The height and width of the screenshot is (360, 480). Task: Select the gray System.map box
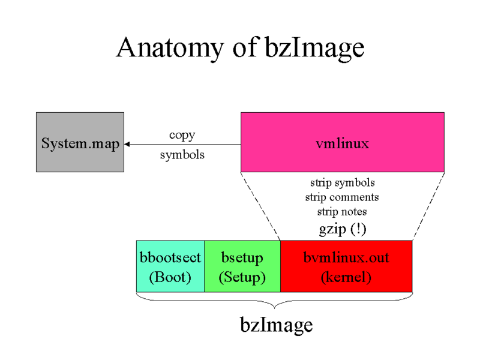[x=80, y=142]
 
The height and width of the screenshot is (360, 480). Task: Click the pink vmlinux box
[x=342, y=142]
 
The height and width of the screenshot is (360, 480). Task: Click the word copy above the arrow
[x=182, y=135]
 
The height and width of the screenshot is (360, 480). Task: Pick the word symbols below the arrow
[x=182, y=155]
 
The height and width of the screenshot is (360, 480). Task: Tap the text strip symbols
[x=342, y=182]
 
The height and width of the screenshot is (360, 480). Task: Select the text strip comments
[x=342, y=197]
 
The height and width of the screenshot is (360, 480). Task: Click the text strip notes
[x=342, y=212]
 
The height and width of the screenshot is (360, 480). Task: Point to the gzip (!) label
[x=342, y=228]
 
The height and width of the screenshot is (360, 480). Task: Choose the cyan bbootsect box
[x=170, y=266]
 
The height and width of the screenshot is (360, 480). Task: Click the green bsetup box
[x=242, y=266]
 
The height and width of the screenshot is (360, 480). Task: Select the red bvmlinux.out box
[x=346, y=266]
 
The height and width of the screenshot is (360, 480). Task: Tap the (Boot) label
[x=170, y=278]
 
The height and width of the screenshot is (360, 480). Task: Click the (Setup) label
[x=242, y=278]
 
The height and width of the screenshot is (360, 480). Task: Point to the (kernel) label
[x=346, y=278]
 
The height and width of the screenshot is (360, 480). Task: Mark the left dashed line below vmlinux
[x=260, y=206]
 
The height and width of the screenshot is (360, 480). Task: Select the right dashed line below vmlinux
[x=428, y=206]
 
